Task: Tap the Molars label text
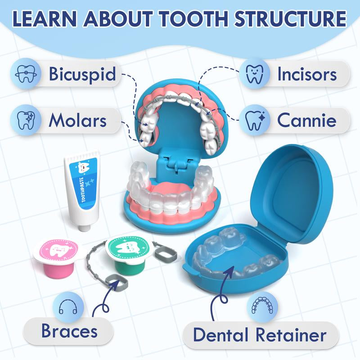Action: pos(77,120)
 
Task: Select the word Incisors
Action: pos(306,74)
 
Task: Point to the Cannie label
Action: pos(306,120)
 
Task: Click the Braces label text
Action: pos(70,331)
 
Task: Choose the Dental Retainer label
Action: pos(260,335)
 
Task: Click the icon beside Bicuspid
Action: pos(26,73)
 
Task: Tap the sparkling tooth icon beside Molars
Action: pos(26,120)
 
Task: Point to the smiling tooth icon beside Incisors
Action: pos(255,73)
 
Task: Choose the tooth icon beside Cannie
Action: pos(254,120)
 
